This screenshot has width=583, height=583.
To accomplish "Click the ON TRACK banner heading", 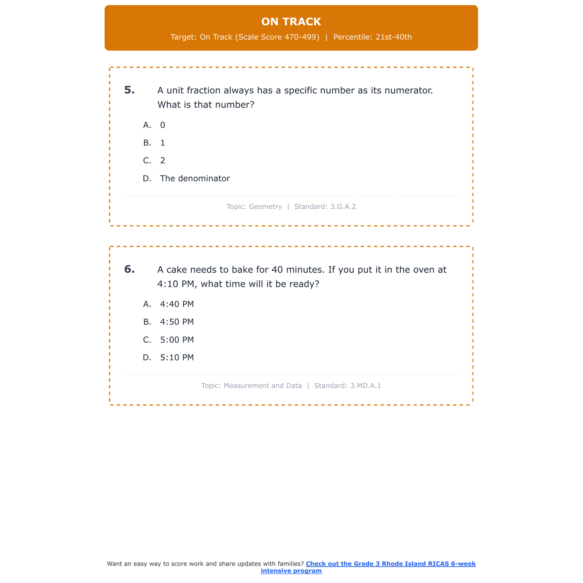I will tap(291, 22).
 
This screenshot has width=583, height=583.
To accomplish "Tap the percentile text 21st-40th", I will tap(393, 37).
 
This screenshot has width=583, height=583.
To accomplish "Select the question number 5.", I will tap(129, 90).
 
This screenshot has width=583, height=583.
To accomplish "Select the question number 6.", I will tap(129, 269).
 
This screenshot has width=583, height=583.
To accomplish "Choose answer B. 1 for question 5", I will tap(162, 143).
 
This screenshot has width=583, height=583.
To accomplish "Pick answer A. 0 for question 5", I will tap(162, 125).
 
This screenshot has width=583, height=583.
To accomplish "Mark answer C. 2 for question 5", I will tap(162, 161).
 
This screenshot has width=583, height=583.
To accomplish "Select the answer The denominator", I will tap(195, 178).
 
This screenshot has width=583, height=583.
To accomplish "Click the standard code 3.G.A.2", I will tap(343, 207).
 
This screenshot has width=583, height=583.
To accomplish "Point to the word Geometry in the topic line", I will tap(265, 207).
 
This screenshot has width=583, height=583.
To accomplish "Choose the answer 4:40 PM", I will tap(177, 304).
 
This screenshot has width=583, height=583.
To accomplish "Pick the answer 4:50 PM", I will tap(177, 322).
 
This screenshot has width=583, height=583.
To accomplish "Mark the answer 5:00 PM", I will tap(177, 340).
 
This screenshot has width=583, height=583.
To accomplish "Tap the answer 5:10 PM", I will tap(177, 358).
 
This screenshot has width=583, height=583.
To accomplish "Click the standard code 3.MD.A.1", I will tap(365, 386).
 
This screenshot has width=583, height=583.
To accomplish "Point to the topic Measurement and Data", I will tap(262, 386).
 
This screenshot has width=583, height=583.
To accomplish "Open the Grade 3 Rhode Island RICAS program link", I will tap(390, 564).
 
